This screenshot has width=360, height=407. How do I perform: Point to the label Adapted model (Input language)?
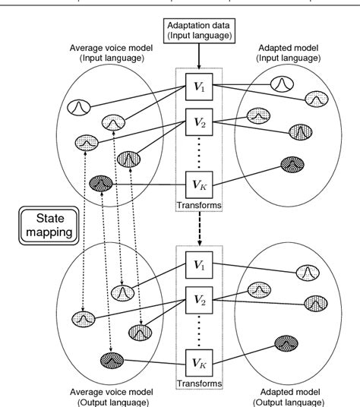304,65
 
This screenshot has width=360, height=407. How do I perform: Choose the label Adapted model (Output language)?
305,395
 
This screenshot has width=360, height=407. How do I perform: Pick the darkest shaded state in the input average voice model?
100,183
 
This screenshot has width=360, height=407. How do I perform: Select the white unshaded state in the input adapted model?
283,82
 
